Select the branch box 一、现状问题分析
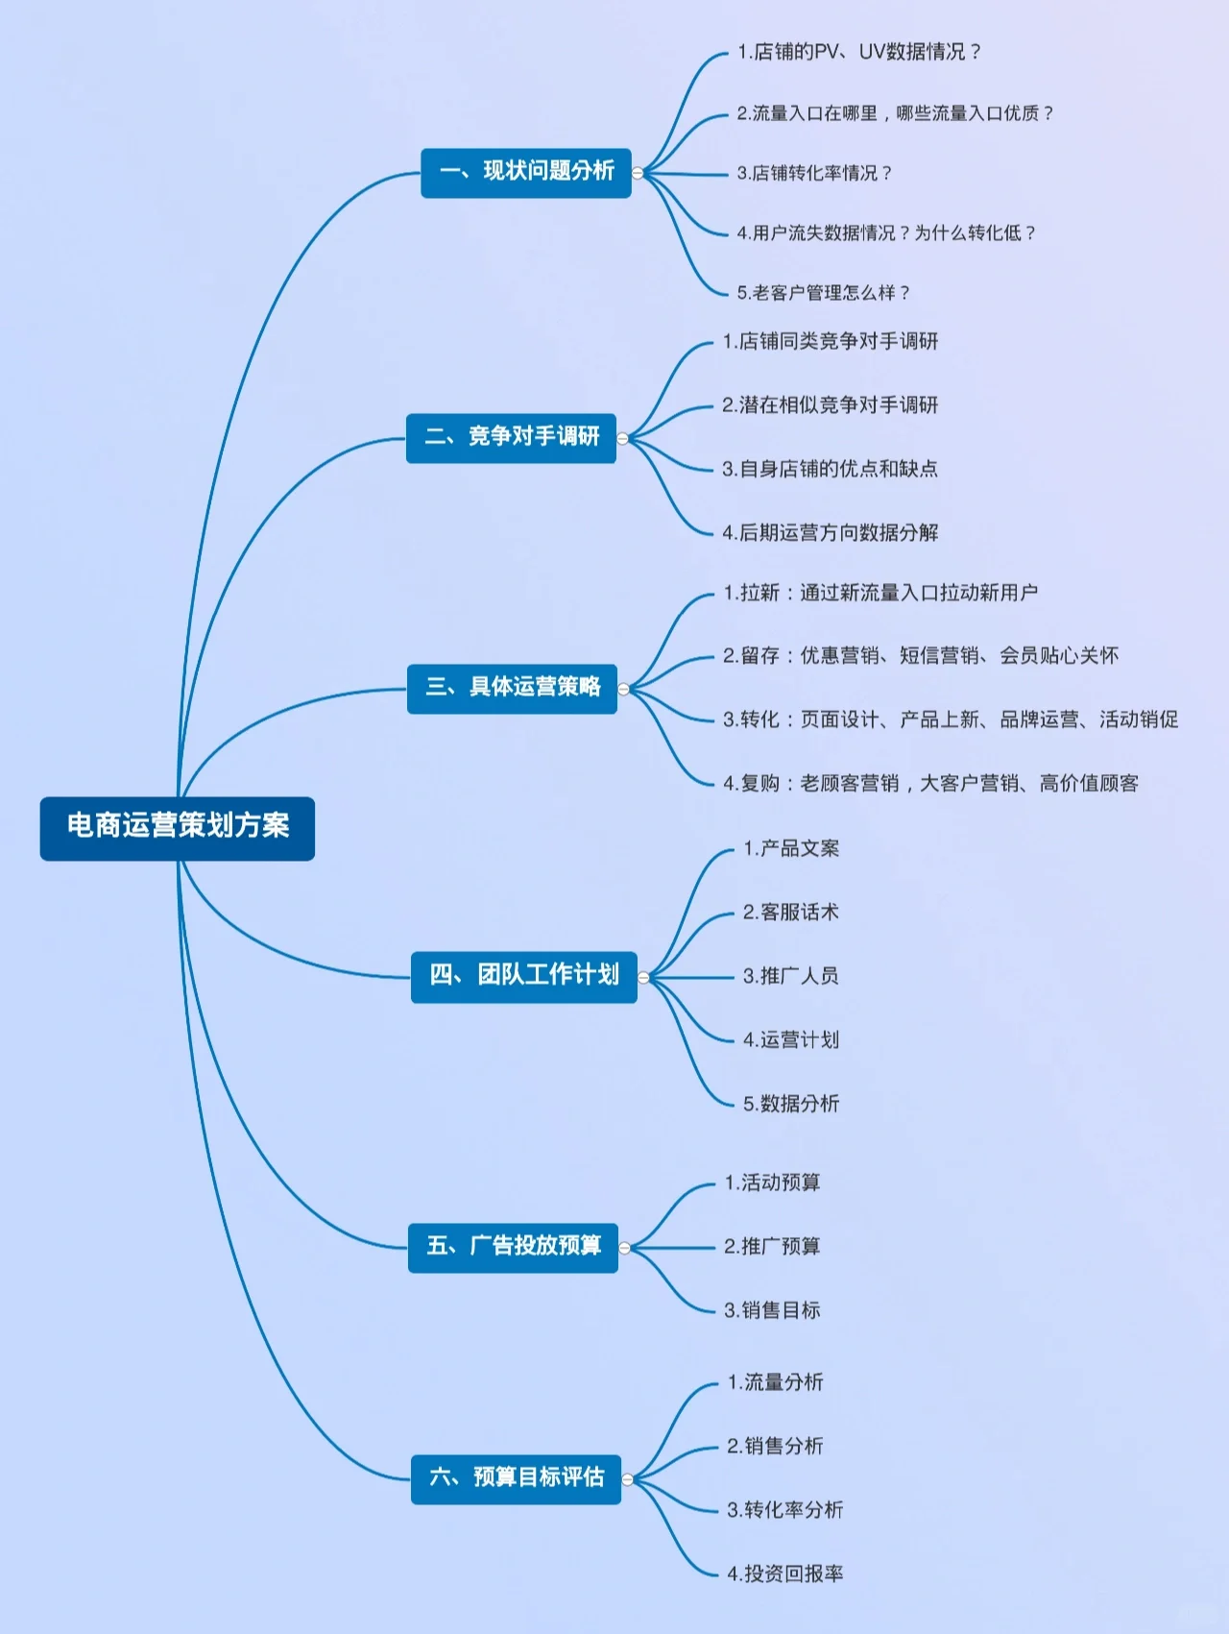coord(526,173)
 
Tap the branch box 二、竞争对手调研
coord(511,438)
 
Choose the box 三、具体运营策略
coord(512,688)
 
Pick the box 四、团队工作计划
coord(523,977)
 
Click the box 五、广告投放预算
coord(513,1247)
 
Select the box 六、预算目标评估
coord(516,1478)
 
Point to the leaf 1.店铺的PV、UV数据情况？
coord(858,52)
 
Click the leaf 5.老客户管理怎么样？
coord(823,293)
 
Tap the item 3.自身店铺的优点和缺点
coord(830,469)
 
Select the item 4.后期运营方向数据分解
coord(830,532)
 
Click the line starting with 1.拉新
coord(880,593)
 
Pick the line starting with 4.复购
coord(930,784)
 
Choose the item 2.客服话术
coord(790,913)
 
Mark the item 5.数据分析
coord(790,1104)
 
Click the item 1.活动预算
coord(772,1183)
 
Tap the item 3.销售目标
coord(772,1310)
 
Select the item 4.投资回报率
coord(784,1573)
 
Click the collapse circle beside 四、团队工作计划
coord(643,978)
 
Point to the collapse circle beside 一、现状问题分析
coord(638,173)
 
